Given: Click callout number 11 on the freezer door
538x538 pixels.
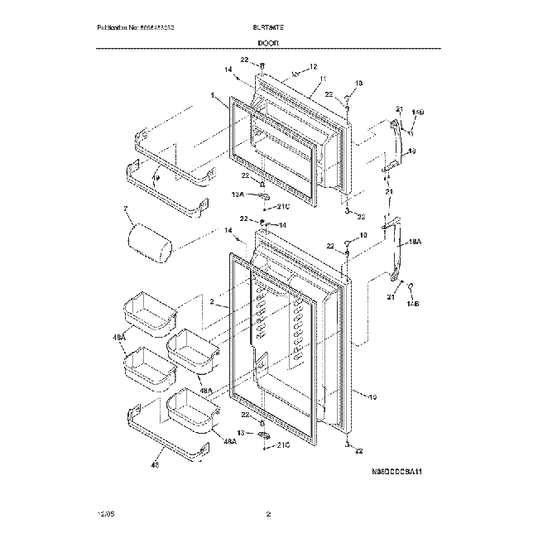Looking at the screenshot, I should coord(320,79).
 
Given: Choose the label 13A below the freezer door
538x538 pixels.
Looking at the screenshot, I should coord(238,195).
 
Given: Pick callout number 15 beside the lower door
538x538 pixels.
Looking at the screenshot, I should coord(372,397).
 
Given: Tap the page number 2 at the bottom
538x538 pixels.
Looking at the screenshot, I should coord(268,515).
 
